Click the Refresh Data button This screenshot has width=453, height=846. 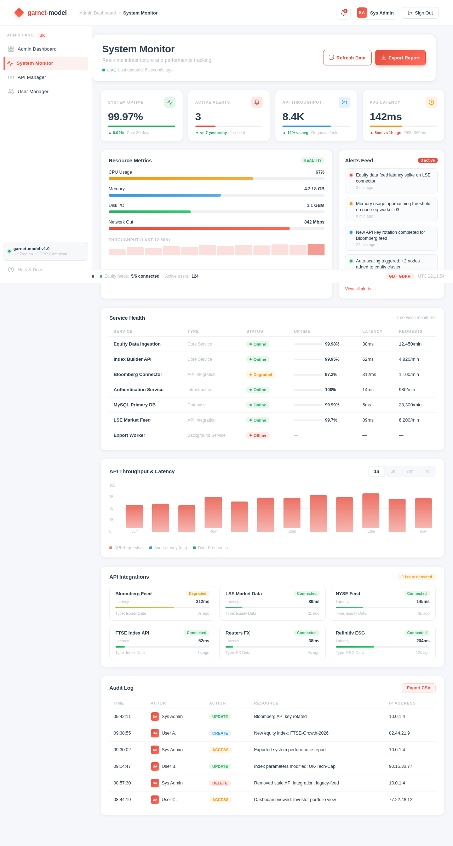(x=347, y=58)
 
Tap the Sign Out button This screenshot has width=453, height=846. (x=420, y=13)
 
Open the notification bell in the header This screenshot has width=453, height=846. (x=343, y=13)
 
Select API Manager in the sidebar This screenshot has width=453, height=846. (x=32, y=77)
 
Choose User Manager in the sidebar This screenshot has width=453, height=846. (x=33, y=92)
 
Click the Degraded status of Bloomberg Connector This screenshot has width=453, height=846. (x=261, y=375)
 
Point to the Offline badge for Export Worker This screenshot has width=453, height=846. (x=258, y=435)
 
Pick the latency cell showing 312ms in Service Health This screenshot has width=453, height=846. (x=369, y=375)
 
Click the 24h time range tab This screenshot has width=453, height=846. (x=410, y=471)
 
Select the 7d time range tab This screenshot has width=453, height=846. (x=427, y=471)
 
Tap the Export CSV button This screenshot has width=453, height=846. (x=418, y=688)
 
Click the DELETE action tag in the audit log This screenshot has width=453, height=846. (x=220, y=783)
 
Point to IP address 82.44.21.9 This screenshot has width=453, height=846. (x=399, y=733)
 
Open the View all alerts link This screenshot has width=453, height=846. (x=361, y=289)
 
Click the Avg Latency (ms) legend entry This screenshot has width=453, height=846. (x=168, y=548)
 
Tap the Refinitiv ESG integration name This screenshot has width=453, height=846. (x=350, y=633)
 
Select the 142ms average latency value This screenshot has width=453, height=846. (x=385, y=117)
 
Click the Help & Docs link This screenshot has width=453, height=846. (x=30, y=270)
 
